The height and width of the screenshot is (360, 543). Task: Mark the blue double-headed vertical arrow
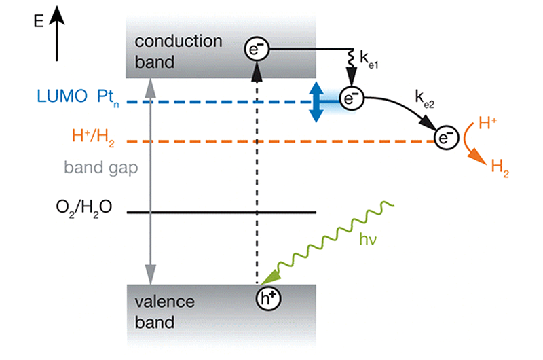point(315,102)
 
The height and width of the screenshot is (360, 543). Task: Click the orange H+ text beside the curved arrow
point(487,123)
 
